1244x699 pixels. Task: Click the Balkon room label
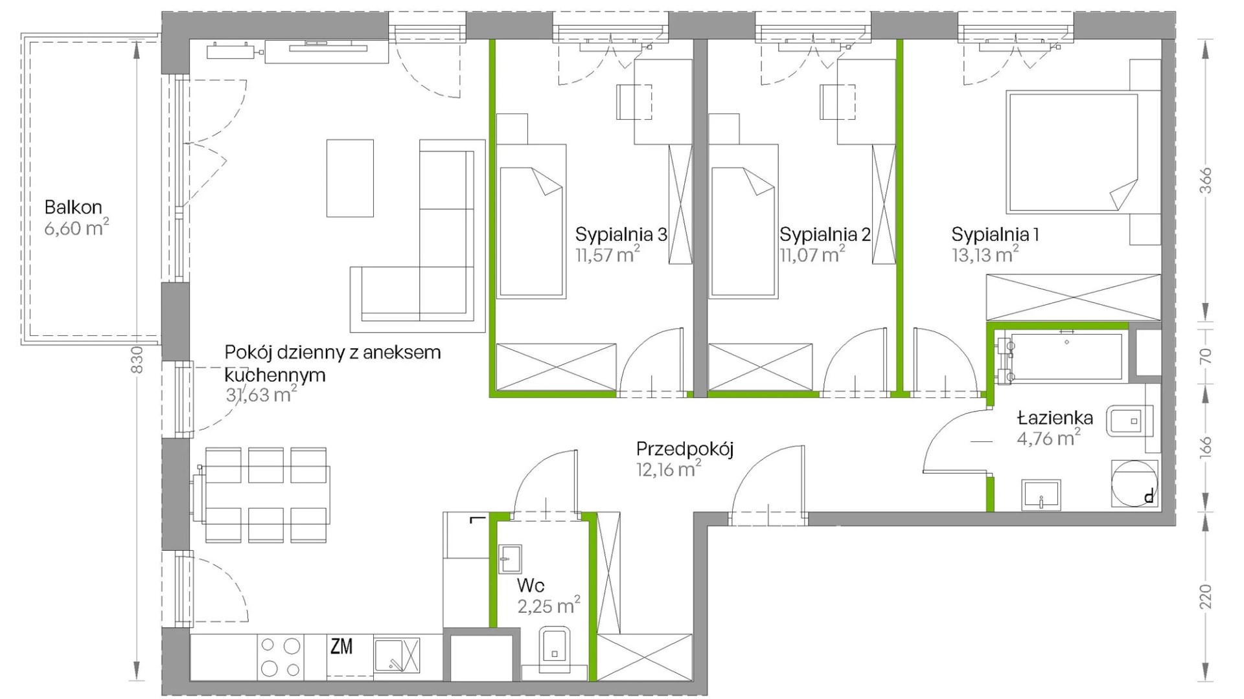73,207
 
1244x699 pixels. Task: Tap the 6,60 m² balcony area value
76,228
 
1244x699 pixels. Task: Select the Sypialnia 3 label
621,234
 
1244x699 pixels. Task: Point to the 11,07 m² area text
812,254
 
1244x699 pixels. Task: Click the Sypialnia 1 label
995,234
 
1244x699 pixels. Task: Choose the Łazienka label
1055,417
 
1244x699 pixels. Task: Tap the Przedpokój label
685,449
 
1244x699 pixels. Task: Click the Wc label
531,586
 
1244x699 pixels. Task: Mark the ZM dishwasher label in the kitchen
341,646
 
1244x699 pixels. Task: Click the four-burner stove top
281,657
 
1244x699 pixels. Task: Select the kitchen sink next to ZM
397,655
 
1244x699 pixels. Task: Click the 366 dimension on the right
1205,181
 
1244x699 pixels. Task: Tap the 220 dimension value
1205,596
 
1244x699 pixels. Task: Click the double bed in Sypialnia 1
1072,153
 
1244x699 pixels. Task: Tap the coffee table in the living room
350,178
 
